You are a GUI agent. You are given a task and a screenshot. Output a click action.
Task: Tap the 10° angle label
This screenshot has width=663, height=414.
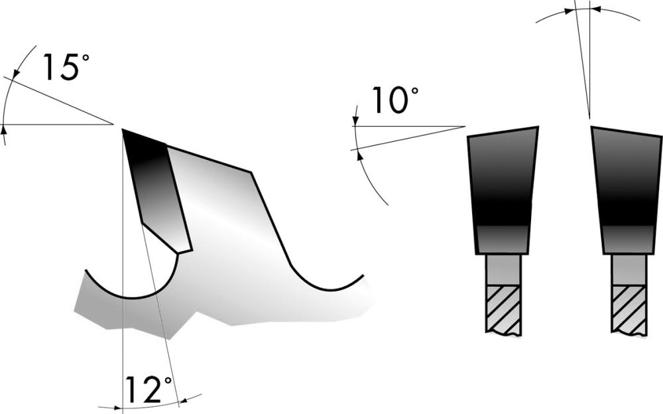395,102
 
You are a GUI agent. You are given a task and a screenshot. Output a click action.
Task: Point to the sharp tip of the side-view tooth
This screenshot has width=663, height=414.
123,129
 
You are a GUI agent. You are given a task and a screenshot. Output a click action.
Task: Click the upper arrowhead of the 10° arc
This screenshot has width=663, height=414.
355,121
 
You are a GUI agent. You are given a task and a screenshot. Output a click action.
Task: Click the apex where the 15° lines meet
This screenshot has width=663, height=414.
112,124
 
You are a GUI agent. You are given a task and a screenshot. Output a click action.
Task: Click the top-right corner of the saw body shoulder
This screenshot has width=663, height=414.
253,172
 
